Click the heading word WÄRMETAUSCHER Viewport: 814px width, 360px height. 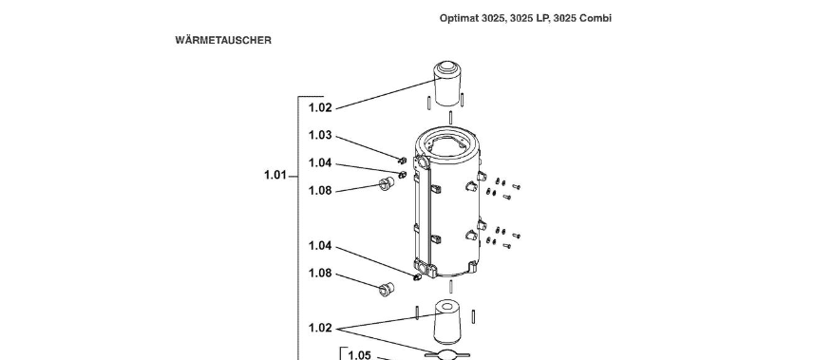223,40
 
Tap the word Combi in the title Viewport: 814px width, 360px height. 596,18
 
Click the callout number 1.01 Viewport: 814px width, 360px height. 275,175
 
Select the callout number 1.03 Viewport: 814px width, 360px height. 320,135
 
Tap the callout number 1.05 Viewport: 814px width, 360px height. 360,355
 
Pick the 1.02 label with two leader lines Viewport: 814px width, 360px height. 320,328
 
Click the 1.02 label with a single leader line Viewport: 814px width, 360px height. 320,108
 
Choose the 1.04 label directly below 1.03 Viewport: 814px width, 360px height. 320,163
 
